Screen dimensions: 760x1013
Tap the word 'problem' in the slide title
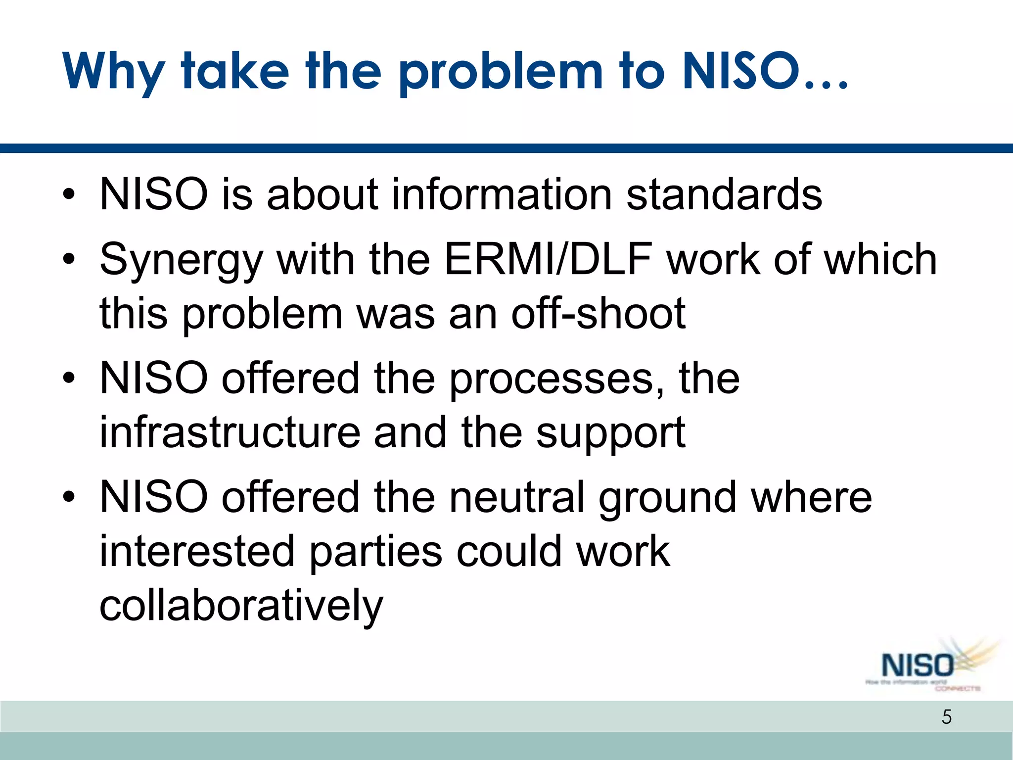click(x=501, y=73)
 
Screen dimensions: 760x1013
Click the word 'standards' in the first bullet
click(x=724, y=194)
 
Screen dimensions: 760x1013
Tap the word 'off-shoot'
click(x=598, y=314)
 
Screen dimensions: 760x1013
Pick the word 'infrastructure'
click(x=230, y=432)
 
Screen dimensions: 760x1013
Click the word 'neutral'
click(x=517, y=497)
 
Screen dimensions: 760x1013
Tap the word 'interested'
click(x=197, y=551)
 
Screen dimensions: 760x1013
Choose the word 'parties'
click(x=376, y=552)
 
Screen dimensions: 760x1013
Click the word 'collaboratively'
click(x=241, y=607)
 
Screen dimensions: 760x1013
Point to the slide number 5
click(x=946, y=716)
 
